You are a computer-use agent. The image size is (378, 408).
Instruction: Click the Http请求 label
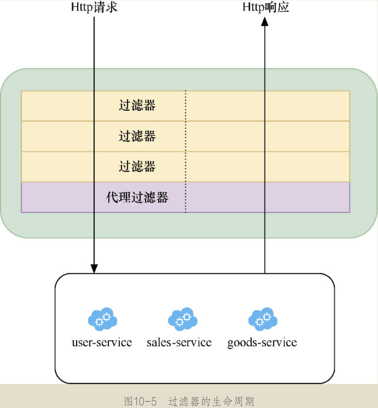pyautogui.click(x=94, y=7)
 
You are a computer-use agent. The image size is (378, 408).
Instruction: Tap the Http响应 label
pyautogui.click(x=266, y=7)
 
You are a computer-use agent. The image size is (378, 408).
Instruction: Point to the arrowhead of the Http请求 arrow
pyautogui.click(x=94, y=268)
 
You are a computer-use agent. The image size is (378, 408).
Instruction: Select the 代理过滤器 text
pyautogui.click(x=137, y=198)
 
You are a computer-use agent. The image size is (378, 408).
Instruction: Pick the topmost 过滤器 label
pyautogui.click(x=137, y=106)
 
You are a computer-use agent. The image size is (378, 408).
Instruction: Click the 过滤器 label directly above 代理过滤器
pyautogui.click(x=137, y=167)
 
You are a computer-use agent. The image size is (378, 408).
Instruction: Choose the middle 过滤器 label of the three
pyautogui.click(x=137, y=136)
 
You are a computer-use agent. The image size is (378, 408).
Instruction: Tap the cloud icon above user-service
pyautogui.click(x=102, y=319)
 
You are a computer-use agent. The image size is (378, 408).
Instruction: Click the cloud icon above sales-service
pyautogui.click(x=182, y=319)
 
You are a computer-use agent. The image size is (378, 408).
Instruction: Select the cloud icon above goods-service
pyautogui.click(x=263, y=319)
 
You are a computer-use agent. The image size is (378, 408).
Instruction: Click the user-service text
pyautogui.click(x=102, y=342)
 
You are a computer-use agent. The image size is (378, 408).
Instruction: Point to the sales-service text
pyautogui.click(x=179, y=342)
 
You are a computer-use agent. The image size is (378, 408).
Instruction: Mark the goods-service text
pyautogui.click(x=262, y=342)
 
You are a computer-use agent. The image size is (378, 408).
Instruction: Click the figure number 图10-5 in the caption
pyautogui.click(x=140, y=401)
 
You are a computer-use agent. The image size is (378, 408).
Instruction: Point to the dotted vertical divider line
pyautogui.click(x=186, y=151)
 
